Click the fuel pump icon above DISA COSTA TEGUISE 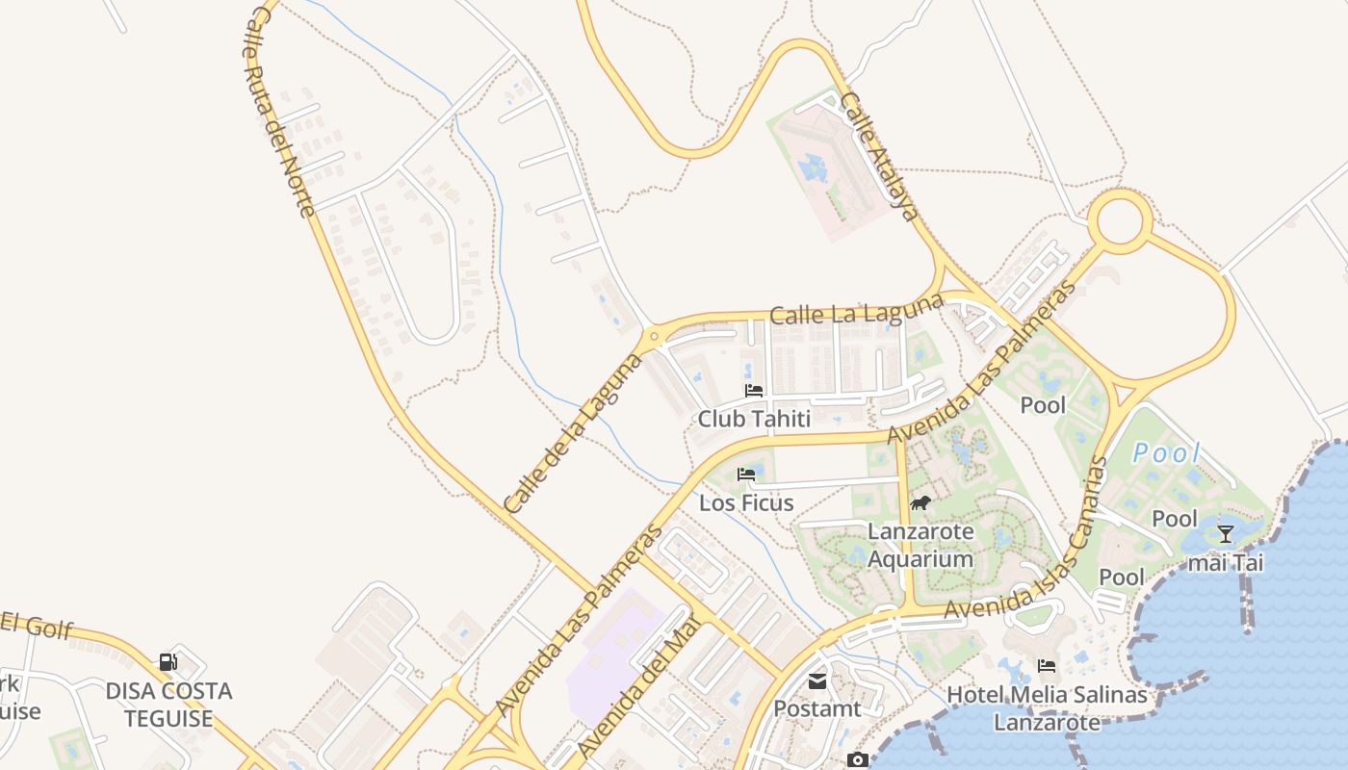coord(168,661)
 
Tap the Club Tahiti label coord(754,419)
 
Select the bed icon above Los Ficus coord(745,475)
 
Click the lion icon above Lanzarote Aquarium coord(920,502)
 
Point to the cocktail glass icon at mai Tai coord(1225,534)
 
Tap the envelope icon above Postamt coord(817,681)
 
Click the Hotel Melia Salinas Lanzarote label coord(1048,708)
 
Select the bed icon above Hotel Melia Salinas coord(1047,666)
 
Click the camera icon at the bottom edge coord(857,760)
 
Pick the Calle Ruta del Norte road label coord(279,111)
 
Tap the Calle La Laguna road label coord(857,311)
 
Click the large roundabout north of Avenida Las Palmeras coord(1120,221)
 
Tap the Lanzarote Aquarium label coord(920,545)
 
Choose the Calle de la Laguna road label coord(572,434)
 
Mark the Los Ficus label coord(746,502)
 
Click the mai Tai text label coord(1225,562)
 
